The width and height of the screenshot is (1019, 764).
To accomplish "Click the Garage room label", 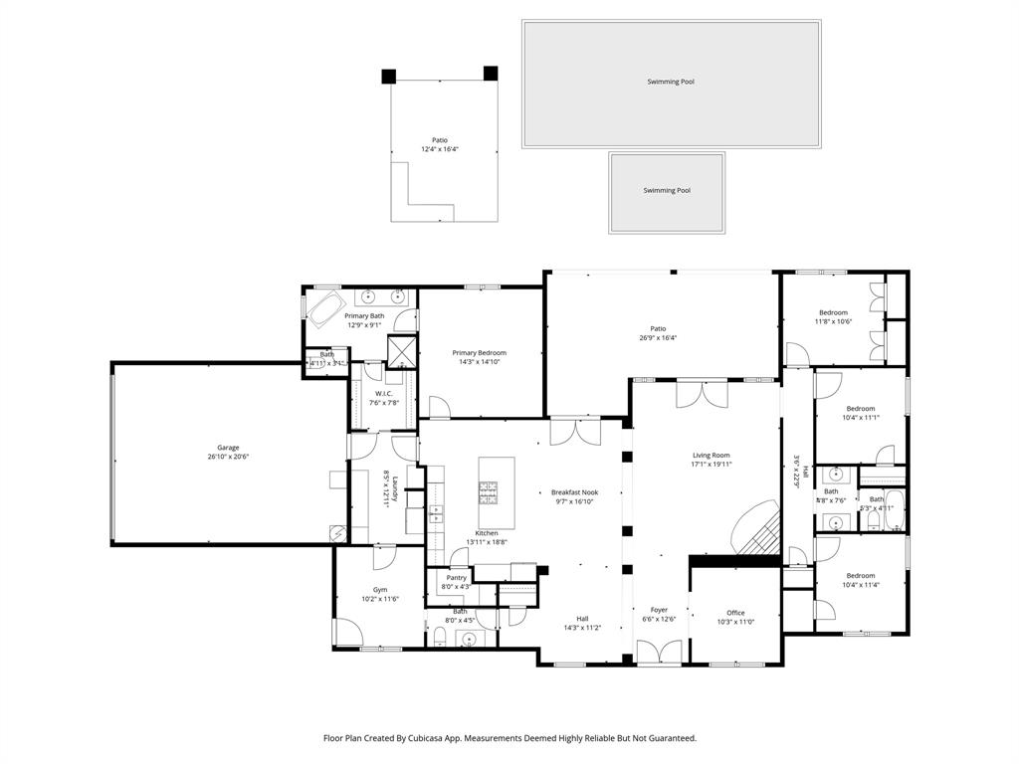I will tap(228, 448).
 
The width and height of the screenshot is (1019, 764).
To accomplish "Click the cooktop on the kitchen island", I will tap(490, 490).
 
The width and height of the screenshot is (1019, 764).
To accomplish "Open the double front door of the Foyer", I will tap(659, 653).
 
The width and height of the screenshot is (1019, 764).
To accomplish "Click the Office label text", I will tap(735, 613).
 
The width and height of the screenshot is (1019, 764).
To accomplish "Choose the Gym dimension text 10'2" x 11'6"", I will tap(380, 599).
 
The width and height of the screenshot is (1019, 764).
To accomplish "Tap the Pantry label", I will tap(457, 578).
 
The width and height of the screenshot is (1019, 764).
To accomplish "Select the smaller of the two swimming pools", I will tap(667, 191).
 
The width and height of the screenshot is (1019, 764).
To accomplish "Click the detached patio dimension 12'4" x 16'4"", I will tap(439, 149).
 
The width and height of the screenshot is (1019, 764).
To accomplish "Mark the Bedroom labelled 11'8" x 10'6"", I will tap(833, 312).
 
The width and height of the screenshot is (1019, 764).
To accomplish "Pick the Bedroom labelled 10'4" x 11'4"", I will tap(861, 576).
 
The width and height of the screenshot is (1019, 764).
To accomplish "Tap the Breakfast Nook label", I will tap(574, 492).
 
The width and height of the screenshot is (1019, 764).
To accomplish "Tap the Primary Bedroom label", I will tap(479, 353).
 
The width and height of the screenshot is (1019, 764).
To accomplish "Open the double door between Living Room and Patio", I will tap(702, 394).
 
